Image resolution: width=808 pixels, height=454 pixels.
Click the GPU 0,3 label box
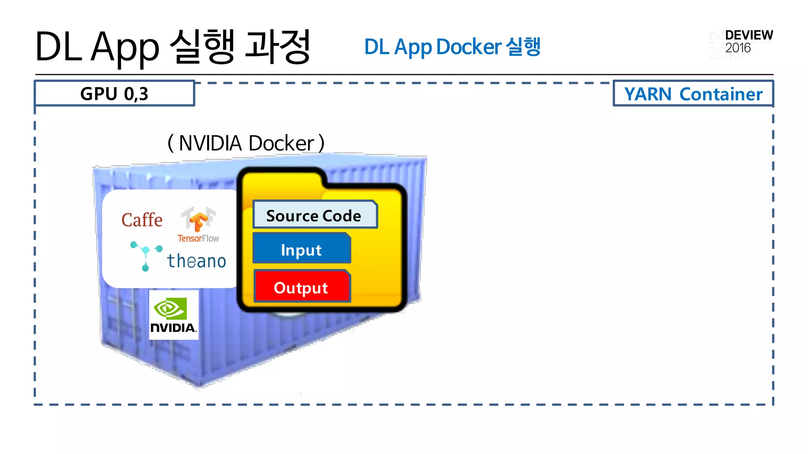(x=114, y=94)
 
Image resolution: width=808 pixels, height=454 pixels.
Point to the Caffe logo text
(x=142, y=220)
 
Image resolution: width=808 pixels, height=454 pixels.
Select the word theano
(x=196, y=261)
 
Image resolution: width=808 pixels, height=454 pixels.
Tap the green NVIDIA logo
(x=174, y=315)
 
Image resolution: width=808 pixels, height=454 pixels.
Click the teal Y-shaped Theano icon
(x=146, y=255)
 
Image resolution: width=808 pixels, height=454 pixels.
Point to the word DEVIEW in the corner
(x=749, y=35)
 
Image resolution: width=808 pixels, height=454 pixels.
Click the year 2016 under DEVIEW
(x=738, y=48)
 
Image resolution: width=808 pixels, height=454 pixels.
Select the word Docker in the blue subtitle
(x=469, y=47)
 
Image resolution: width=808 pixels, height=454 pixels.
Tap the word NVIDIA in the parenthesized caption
(x=210, y=143)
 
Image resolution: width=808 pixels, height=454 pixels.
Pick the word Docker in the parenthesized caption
(x=281, y=143)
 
